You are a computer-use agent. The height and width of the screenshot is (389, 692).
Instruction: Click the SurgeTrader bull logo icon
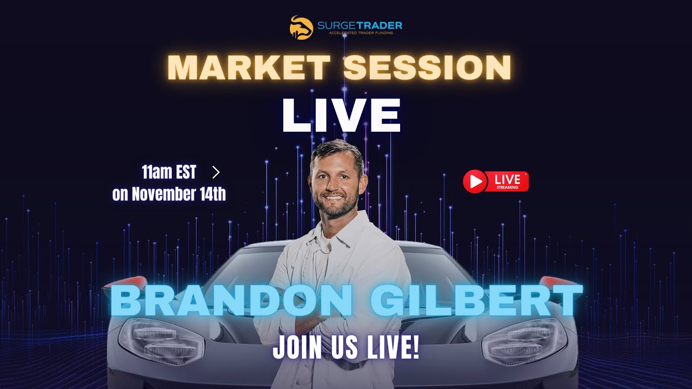(301, 27)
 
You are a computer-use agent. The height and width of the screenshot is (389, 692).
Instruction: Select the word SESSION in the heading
(427, 68)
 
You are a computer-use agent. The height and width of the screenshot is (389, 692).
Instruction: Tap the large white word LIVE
(341, 116)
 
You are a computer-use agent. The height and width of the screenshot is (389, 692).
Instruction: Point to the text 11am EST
(169, 173)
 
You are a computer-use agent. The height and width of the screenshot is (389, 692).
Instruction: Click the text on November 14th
(169, 194)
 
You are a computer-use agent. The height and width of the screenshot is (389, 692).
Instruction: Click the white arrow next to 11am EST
(216, 172)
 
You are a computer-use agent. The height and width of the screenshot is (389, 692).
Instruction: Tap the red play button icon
(475, 182)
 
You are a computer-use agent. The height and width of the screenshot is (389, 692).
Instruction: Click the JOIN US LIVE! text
(346, 348)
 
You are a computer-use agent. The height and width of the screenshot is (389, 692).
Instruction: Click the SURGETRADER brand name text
(365, 25)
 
